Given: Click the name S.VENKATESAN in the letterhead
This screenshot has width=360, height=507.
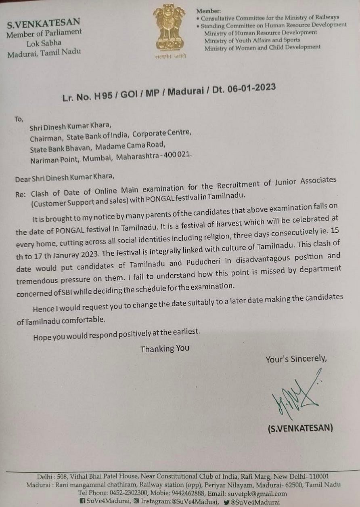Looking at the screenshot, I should (x=44, y=23).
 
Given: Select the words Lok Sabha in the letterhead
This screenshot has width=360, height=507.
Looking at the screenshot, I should (x=44, y=42).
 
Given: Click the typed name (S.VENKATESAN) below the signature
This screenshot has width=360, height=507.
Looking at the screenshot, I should (x=300, y=428).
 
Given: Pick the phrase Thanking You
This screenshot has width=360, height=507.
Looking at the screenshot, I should (x=165, y=349).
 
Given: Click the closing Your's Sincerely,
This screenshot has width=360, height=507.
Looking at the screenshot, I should (x=296, y=359).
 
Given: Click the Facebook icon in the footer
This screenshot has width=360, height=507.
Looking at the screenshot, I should (x=83, y=502).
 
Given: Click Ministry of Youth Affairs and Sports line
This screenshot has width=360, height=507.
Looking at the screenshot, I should (x=252, y=40).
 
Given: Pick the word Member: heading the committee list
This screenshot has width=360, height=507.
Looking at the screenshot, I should (x=208, y=11).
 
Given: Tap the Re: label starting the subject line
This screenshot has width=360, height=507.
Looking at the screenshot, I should (x=20, y=194).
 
